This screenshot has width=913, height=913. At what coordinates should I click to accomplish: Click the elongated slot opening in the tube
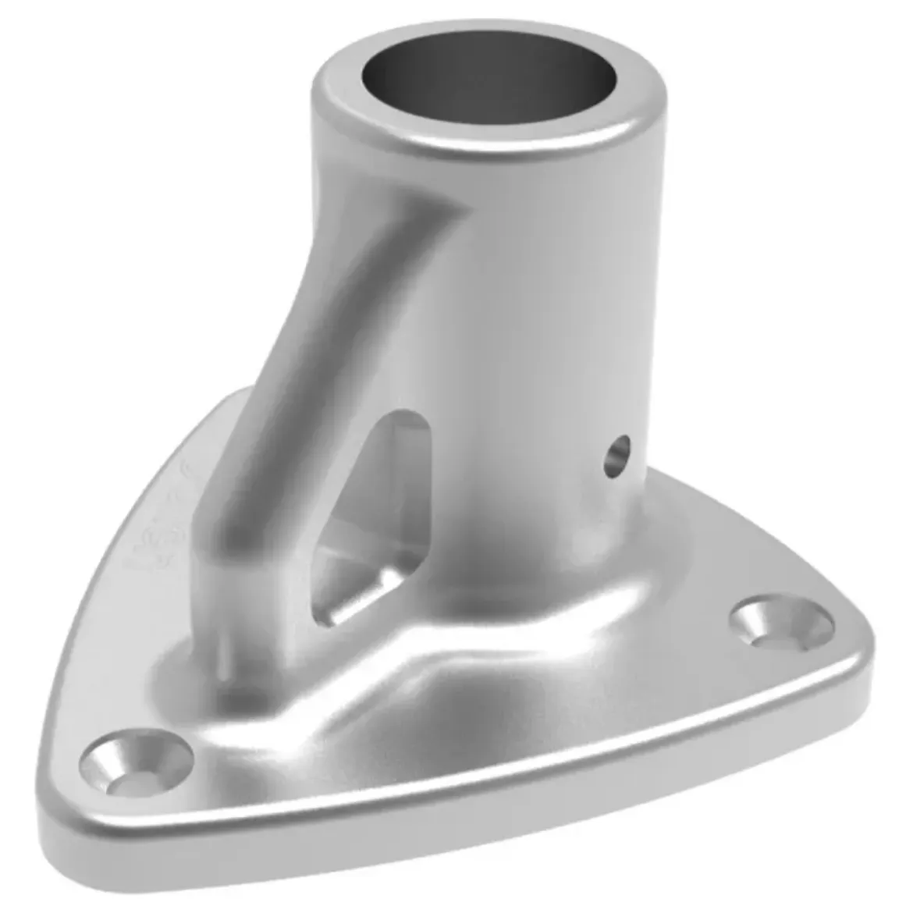pyautogui.click(x=375, y=515)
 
